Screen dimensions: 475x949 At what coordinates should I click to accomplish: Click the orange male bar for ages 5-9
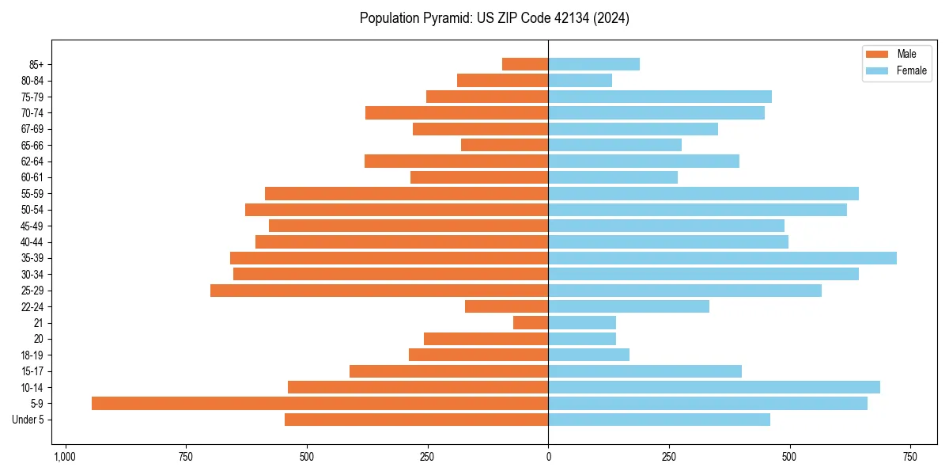click(x=319, y=404)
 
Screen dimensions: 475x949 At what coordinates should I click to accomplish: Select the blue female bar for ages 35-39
click(x=722, y=258)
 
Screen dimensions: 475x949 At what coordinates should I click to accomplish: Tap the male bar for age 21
click(x=531, y=323)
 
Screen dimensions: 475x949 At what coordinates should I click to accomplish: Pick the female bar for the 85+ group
click(x=594, y=64)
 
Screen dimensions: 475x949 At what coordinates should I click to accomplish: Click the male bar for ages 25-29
click(x=379, y=291)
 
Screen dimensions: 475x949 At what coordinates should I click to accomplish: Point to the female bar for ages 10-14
click(x=714, y=387)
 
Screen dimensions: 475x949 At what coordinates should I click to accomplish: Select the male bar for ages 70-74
click(x=456, y=112)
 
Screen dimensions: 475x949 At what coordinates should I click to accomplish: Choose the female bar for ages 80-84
click(x=580, y=80)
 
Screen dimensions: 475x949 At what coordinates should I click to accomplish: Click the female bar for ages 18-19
click(x=588, y=355)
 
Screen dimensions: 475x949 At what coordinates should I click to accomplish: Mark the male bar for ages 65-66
click(x=505, y=145)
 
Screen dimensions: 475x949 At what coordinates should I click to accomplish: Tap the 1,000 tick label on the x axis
click(x=65, y=457)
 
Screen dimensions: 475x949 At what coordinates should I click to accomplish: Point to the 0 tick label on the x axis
click(x=548, y=457)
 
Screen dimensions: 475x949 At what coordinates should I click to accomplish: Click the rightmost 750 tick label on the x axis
click(x=909, y=457)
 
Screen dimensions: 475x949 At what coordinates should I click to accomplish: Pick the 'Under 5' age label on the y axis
click(x=28, y=420)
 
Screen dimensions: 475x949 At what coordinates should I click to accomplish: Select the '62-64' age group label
click(x=33, y=161)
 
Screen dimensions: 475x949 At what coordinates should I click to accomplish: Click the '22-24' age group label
click(x=33, y=306)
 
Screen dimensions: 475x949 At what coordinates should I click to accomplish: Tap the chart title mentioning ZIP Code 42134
click(x=494, y=18)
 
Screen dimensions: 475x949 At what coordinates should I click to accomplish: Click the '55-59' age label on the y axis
click(x=33, y=193)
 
